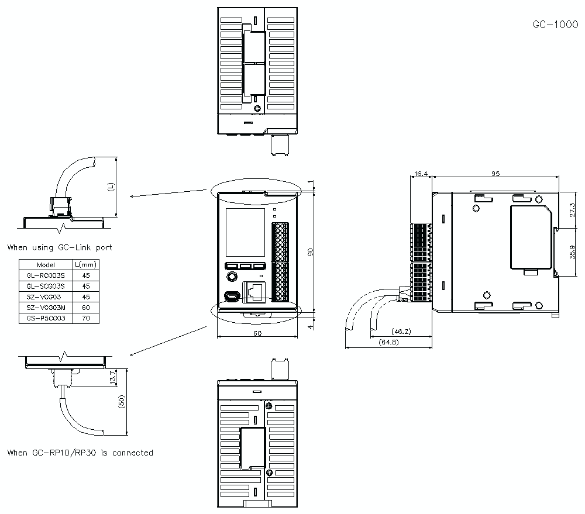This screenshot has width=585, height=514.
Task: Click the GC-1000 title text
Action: [x=555, y=25]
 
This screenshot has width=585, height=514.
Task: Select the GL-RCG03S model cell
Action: [x=46, y=275]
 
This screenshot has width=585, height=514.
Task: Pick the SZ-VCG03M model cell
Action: [x=46, y=308]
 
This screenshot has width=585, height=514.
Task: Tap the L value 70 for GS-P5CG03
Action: [x=86, y=318]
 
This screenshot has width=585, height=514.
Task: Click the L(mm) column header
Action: [x=86, y=264]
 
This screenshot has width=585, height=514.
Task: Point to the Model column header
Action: [x=46, y=265]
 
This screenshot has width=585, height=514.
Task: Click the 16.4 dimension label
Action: [x=421, y=174]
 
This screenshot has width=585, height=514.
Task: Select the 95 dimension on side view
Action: [x=495, y=174]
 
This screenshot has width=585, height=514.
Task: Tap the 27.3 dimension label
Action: [x=572, y=210]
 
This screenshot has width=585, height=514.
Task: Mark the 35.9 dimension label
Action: [x=572, y=252]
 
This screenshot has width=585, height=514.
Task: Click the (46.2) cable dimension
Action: [x=401, y=331]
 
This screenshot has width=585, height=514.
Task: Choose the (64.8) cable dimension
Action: [x=388, y=341]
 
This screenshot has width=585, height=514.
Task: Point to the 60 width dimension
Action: [x=257, y=333]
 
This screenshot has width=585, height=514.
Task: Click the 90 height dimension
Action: [x=311, y=252]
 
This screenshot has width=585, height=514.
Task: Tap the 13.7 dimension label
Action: [x=113, y=378]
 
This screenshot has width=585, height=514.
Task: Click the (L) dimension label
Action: [x=111, y=187]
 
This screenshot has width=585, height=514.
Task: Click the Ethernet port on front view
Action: [x=254, y=292]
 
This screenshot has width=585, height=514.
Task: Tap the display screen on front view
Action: [x=245, y=233]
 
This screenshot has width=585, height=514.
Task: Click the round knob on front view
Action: [x=232, y=277]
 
